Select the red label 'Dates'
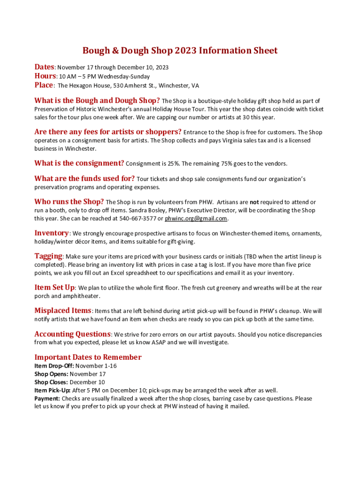44,67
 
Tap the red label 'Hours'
45,76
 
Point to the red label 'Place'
44,85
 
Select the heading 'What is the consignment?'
79,163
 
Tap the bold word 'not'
254,203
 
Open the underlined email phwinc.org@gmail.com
196,218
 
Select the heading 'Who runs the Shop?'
69,202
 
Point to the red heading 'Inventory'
51,233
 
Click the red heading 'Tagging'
48,256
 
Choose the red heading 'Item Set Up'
54,287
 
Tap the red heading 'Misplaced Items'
63,310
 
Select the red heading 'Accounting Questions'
72,334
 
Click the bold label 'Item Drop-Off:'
54,366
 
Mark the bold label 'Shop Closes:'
51,382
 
